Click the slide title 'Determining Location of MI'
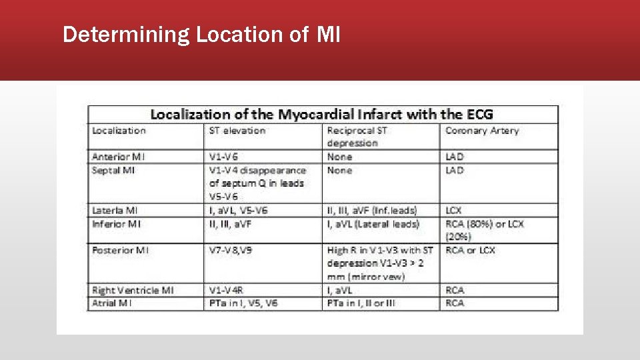[201, 34]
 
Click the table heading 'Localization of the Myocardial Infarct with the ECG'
[321, 114]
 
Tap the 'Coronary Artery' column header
[481, 131]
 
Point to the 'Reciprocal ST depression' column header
[357, 137]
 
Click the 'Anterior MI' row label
[119, 157]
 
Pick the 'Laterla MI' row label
[115, 210]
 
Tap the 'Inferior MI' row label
[117, 223]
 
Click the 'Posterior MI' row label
[121, 250]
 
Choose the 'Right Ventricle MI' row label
[133, 290]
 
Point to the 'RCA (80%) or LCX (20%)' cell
[484, 229]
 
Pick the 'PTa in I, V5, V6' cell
[243, 303]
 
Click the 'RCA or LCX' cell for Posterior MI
[470, 250]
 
